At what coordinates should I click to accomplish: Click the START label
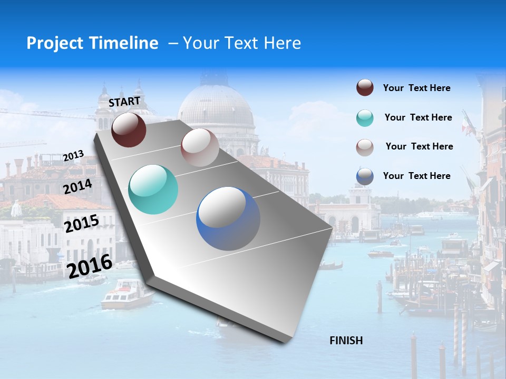pos(124,101)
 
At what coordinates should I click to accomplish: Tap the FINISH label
pos(346,341)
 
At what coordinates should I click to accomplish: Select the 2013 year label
pos(74,155)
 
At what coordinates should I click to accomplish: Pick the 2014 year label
pos(78,186)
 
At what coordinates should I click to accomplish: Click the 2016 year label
pos(90,266)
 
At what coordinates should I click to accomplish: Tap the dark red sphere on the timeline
pos(129,129)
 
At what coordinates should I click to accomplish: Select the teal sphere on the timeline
pos(153,189)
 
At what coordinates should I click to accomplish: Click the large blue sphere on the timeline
pos(228,218)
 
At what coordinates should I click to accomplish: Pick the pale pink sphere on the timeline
pos(200,147)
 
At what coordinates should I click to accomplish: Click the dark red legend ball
pos(365,88)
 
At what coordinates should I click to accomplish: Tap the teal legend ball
pos(365,118)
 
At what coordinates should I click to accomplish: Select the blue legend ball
pos(365,176)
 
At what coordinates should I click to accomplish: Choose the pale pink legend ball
pos(365,147)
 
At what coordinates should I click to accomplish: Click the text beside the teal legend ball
pos(418,117)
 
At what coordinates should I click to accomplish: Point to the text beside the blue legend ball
pos(416,176)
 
